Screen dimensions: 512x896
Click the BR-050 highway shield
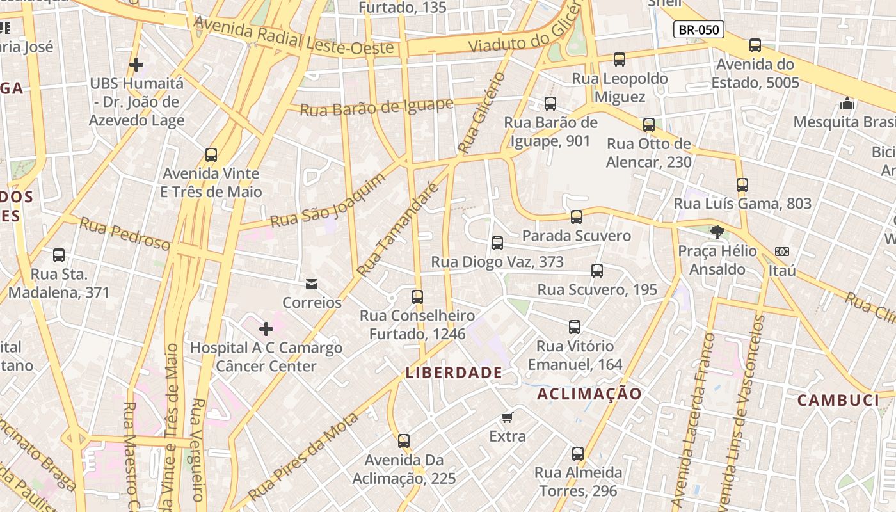pyautogui.click(x=698, y=29)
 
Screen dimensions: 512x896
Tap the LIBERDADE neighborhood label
pyautogui.click(x=454, y=372)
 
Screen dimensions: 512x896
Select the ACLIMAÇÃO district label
pyautogui.click(x=589, y=394)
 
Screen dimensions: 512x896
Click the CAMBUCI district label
pyautogui.click(x=838, y=401)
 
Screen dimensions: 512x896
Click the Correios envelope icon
pyautogui.click(x=312, y=284)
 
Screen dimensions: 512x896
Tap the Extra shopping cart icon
pyautogui.click(x=507, y=418)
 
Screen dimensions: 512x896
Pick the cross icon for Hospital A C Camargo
pyautogui.click(x=266, y=330)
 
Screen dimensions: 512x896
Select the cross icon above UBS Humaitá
pyautogui.click(x=136, y=65)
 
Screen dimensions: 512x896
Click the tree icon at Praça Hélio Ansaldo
pyautogui.click(x=717, y=232)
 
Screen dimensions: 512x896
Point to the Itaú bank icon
pyautogui.click(x=781, y=252)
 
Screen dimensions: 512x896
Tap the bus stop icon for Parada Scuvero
pyautogui.click(x=577, y=217)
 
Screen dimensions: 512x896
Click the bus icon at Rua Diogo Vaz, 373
pyautogui.click(x=497, y=243)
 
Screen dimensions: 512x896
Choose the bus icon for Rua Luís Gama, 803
pyautogui.click(x=742, y=185)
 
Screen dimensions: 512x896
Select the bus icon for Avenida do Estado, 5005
pyautogui.click(x=755, y=45)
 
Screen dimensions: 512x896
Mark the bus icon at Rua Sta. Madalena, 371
pyautogui.click(x=59, y=255)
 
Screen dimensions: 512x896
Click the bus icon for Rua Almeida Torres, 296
pyautogui.click(x=578, y=454)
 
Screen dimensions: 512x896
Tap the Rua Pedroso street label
pyautogui.click(x=125, y=234)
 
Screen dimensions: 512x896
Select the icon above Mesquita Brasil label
pyautogui.click(x=847, y=103)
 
